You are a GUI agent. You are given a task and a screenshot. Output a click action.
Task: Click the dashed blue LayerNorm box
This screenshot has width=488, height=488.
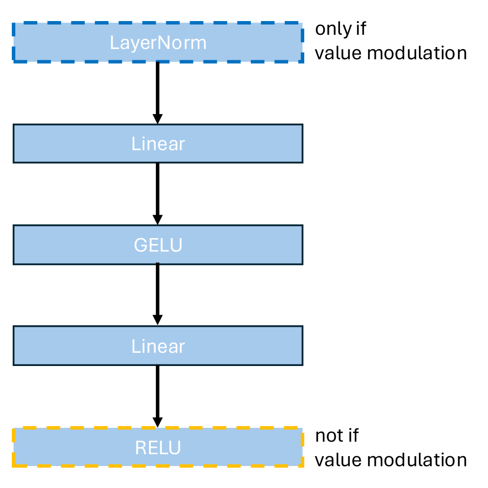tap(157, 43)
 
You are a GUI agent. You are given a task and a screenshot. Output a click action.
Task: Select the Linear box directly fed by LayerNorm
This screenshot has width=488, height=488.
tap(157, 144)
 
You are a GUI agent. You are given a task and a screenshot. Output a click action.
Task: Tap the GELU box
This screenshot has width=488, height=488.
tap(157, 244)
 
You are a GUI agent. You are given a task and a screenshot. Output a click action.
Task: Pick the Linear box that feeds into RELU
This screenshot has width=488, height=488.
tap(157, 346)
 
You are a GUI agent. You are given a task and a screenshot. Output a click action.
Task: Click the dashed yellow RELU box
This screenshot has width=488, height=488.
tap(157, 447)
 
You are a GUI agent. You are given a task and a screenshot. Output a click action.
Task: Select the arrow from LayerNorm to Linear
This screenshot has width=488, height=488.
tap(157, 91)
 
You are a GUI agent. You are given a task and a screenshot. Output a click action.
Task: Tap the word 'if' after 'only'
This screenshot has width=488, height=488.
tap(360, 29)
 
